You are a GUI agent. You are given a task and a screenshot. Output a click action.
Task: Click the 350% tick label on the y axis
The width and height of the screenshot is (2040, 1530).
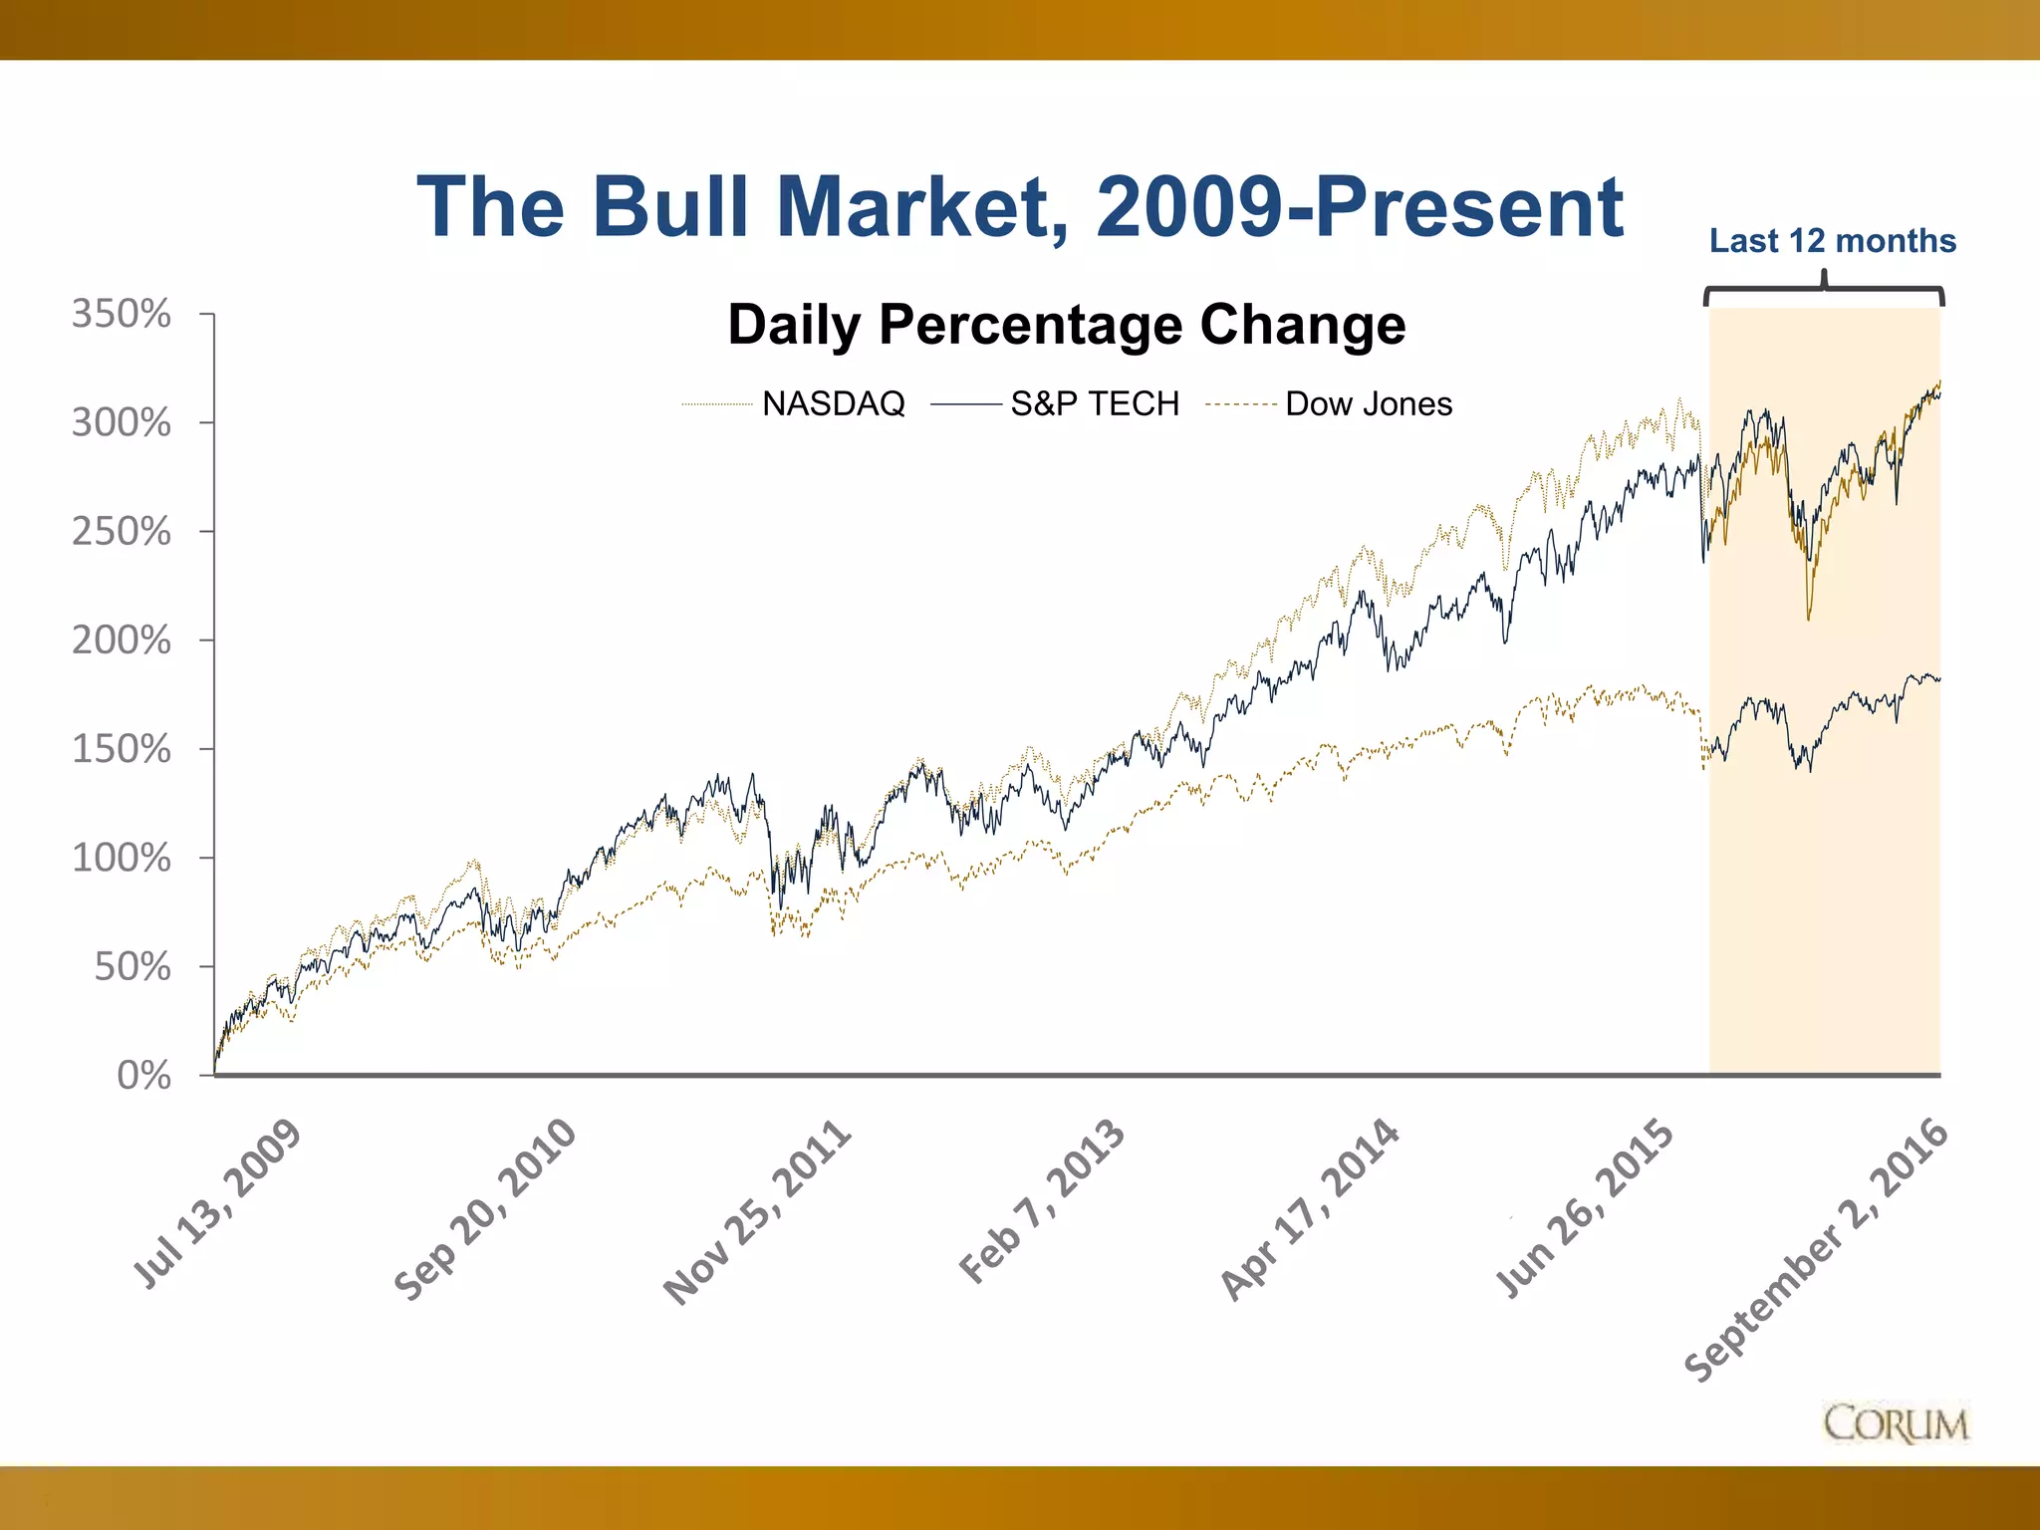pyautogui.click(x=121, y=314)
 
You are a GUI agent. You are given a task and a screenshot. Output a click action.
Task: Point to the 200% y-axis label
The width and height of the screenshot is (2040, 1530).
pyautogui.click(x=121, y=639)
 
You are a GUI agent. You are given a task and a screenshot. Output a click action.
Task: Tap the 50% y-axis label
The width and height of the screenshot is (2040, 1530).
pyautogui.click(x=131, y=966)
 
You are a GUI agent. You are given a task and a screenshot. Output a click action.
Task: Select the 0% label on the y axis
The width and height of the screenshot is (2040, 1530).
pyautogui.click(x=143, y=1075)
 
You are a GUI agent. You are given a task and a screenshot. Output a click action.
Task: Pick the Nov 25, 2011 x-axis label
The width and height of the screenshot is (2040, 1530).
pyautogui.click(x=758, y=1211)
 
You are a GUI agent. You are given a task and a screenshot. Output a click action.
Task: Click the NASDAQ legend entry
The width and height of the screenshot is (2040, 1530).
pyautogui.click(x=833, y=403)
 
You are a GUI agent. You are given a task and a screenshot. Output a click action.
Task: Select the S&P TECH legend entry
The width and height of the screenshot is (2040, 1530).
pyautogui.click(x=1094, y=403)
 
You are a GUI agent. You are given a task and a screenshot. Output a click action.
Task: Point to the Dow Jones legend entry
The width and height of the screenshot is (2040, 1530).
pyautogui.click(x=1368, y=403)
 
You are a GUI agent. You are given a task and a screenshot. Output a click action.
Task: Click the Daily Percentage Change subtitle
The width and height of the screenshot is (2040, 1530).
pyautogui.click(x=1066, y=325)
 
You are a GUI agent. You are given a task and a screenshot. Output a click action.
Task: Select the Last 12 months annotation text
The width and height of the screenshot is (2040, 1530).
pyautogui.click(x=1832, y=240)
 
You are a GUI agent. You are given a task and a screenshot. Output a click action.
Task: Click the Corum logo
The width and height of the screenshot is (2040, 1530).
pyautogui.click(x=1896, y=1423)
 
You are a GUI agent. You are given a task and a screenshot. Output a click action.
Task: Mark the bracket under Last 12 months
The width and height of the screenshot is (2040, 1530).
pyautogui.click(x=1824, y=291)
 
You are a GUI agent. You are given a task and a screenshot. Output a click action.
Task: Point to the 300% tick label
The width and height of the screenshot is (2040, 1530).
pyautogui.click(x=121, y=422)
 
